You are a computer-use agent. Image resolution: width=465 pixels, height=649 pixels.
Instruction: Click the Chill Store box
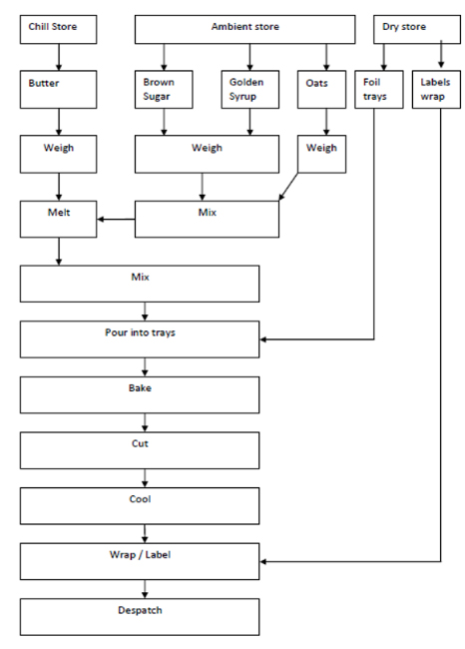(58, 29)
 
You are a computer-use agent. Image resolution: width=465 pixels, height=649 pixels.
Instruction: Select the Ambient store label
(244, 27)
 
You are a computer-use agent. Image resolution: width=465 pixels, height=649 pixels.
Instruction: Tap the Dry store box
(417, 29)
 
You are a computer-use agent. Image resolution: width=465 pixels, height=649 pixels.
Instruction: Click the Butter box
(58, 90)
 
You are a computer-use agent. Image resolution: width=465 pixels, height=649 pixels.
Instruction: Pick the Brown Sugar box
(164, 90)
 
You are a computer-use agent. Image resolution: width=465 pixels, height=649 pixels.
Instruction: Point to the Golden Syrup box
(250, 90)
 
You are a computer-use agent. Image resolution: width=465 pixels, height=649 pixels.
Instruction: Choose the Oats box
(322, 90)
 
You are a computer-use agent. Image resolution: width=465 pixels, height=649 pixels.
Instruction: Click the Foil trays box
(379, 90)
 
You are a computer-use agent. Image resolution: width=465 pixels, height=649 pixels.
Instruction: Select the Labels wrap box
(436, 90)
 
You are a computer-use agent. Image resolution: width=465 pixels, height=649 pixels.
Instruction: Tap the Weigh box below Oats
(322, 154)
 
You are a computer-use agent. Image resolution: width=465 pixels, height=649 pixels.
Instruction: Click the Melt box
(58, 220)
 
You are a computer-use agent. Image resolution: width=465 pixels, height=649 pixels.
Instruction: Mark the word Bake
(140, 388)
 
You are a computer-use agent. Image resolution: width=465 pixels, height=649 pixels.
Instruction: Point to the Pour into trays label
(140, 332)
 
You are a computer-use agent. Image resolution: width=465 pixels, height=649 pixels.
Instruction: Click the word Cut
(140, 443)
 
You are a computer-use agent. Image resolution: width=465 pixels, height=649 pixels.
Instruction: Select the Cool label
(140, 499)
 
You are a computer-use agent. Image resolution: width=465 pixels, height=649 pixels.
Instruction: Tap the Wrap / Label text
(140, 554)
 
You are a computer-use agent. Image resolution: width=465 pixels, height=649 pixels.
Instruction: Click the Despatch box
(140, 617)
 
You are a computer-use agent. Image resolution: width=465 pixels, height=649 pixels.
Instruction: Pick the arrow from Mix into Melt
(116, 220)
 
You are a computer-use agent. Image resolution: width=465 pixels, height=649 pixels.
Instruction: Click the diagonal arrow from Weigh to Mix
(288, 187)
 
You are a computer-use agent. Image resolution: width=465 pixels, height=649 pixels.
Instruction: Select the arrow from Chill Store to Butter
(59, 57)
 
